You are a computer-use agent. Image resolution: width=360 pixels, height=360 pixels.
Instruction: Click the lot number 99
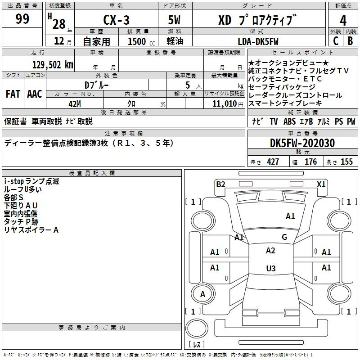point(22,18)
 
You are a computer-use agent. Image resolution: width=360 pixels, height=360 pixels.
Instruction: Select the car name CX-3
point(116,20)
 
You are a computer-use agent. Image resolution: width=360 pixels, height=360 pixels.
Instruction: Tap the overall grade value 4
point(343,21)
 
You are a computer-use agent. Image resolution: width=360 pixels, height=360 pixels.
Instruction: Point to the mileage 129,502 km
point(53,65)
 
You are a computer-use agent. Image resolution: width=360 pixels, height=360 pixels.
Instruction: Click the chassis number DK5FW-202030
point(302,143)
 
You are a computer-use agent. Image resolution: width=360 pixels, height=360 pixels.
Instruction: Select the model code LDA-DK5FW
point(258,41)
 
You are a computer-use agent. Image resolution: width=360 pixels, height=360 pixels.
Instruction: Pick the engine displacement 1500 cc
point(141,41)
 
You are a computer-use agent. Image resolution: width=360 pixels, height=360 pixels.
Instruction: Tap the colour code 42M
point(75,104)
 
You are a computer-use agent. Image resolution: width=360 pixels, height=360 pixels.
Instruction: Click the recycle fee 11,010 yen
point(228,104)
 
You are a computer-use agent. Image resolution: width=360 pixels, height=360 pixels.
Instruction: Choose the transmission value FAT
point(13,94)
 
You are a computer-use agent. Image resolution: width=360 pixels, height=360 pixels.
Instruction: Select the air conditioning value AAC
point(35,94)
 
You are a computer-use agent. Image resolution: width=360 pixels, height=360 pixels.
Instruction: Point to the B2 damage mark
point(220,184)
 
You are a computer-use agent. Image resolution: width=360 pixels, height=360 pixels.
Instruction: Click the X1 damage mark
point(321,184)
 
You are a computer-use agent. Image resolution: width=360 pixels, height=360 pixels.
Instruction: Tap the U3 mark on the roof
point(271,268)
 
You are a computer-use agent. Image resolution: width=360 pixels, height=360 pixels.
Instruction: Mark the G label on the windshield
point(284,237)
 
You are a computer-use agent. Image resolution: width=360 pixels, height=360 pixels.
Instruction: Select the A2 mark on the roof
point(270,251)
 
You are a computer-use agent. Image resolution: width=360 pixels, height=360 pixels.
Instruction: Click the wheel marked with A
point(203,294)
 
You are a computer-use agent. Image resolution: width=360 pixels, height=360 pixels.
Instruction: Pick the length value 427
point(273,162)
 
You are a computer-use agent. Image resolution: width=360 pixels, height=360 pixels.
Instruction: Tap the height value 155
point(346,162)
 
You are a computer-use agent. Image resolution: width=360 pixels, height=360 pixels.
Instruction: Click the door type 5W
point(174,20)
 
